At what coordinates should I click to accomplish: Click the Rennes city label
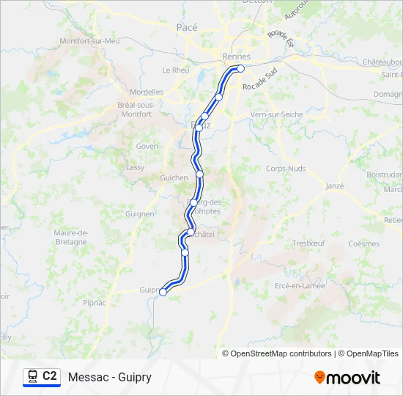[236, 56]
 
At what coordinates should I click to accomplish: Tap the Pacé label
[187, 27]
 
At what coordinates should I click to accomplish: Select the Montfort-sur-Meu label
[89, 41]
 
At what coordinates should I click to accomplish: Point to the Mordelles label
[146, 92]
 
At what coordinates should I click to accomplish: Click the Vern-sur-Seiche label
[276, 115]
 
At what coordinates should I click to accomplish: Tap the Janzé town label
[333, 186]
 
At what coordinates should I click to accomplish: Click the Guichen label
[174, 177]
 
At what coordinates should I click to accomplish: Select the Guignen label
[139, 214]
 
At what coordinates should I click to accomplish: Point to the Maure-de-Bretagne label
[71, 237]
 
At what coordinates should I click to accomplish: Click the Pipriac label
[95, 301]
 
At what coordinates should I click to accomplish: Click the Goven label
[147, 146]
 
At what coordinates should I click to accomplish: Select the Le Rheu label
[176, 70]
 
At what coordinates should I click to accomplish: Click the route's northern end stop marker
[240, 69]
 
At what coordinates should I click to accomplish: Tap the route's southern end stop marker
[163, 292]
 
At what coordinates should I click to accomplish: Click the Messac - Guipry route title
[110, 377]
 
